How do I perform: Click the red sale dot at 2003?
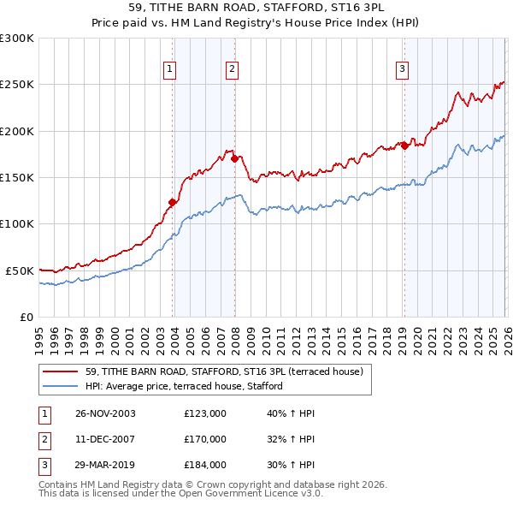[x=173, y=203]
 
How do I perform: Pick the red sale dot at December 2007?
[x=233, y=158]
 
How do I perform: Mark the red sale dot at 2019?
[x=404, y=146]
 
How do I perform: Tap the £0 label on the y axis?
[x=25, y=317]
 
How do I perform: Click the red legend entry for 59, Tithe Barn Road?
[x=225, y=371]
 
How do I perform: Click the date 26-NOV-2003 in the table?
[x=105, y=413]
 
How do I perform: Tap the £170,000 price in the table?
[x=205, y=439]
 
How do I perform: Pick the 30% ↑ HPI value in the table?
[x=292, y=465]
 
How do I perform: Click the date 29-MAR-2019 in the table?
[x=105, y=465]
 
